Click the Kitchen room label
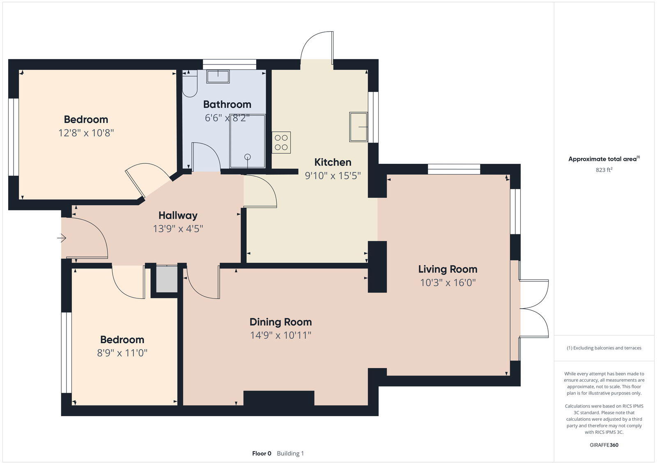tap(333, 162)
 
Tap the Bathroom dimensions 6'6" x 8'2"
tap(227, 118)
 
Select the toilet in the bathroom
tap(190, 85)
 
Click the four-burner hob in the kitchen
tap(281, 142)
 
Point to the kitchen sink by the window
tap(358, 127)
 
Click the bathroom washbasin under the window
tap(218, 77)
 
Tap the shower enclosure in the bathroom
tap(248, 142)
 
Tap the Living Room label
tap(448, 269)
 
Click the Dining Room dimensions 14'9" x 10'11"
tap(280, 335)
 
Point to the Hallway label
tap(178, 215)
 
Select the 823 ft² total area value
tap(604, 170)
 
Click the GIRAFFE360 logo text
tap(604, 445)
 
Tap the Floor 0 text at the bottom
tap(262, 454)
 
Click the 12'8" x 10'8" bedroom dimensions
tap(86, 133)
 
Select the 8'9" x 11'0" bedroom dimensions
tap(122, 353)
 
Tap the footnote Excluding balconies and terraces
tap(604, 348)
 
